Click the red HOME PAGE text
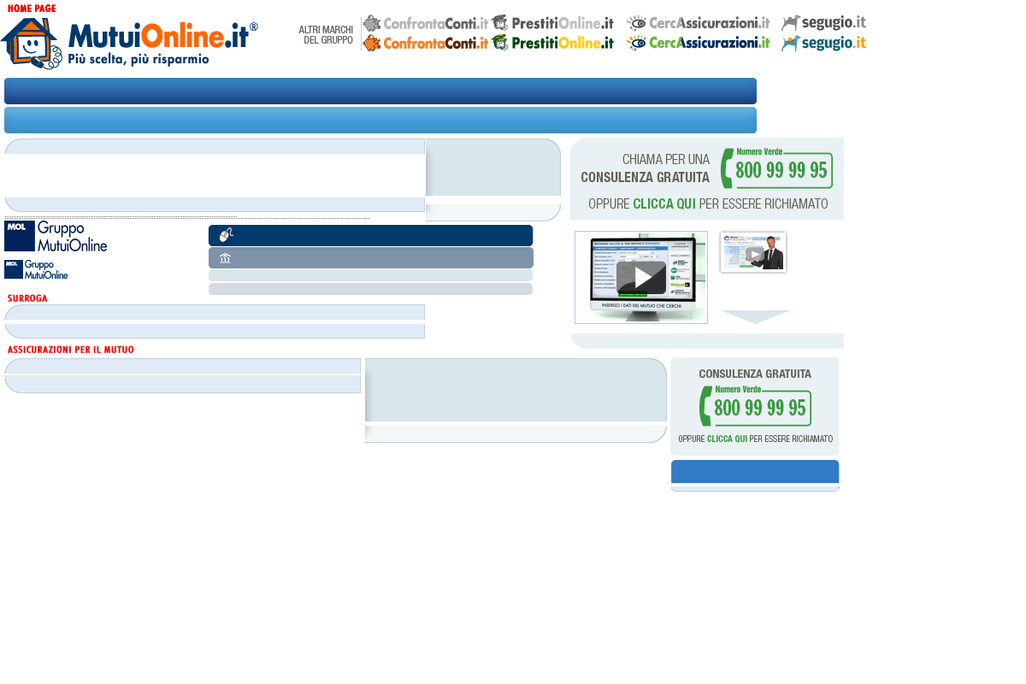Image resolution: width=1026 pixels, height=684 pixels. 32,8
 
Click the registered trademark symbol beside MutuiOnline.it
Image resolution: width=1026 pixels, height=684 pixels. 254,27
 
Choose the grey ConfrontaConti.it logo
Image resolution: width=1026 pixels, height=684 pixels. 426,23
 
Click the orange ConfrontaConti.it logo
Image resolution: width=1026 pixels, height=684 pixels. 426,43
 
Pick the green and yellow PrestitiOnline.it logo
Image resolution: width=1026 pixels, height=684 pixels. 553,43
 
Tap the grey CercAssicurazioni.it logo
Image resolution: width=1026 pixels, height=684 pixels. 699,23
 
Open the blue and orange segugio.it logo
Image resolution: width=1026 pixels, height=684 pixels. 825,43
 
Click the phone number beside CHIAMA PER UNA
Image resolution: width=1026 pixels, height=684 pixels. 781,170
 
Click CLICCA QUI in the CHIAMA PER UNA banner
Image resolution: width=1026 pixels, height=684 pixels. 663,204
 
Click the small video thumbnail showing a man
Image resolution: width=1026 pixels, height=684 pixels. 753,252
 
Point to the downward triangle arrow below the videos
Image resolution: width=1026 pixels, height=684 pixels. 755,316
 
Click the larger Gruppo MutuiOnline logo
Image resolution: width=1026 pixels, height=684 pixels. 56,236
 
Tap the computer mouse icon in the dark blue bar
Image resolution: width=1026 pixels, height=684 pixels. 227,236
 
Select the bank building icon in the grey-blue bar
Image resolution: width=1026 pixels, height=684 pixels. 226,258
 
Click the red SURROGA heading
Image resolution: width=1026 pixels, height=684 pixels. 27,298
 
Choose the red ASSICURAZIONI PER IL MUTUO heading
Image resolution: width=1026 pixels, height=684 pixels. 70,350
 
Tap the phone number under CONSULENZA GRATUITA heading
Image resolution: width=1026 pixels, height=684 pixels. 759,407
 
